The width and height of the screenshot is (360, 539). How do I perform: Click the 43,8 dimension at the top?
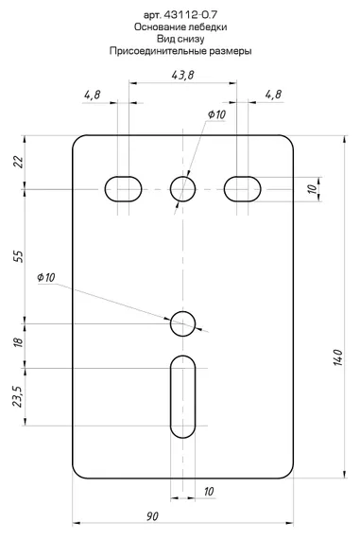point(183,75)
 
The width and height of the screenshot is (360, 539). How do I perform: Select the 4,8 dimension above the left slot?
point(93,95)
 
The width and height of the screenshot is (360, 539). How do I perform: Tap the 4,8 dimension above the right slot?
point(274,95)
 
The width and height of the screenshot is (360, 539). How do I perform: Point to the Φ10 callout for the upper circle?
point(216,114)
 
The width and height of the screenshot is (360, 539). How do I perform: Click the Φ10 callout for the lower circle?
point(46,277)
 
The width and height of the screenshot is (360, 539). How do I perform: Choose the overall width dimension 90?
point(151,516)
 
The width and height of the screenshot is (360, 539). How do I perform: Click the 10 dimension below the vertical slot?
point(208,492)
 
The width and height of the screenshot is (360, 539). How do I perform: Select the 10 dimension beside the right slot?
point(313,189)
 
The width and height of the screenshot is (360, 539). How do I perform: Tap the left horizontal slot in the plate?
point(123,189)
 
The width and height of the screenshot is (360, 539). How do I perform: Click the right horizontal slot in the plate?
point(243,189)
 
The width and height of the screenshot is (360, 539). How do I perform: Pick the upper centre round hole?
point(182,189)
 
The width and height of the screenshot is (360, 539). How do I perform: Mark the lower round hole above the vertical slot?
point(182,324)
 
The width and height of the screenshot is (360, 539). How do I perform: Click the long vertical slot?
point(182,388)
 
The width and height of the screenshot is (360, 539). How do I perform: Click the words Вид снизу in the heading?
point(180,39)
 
